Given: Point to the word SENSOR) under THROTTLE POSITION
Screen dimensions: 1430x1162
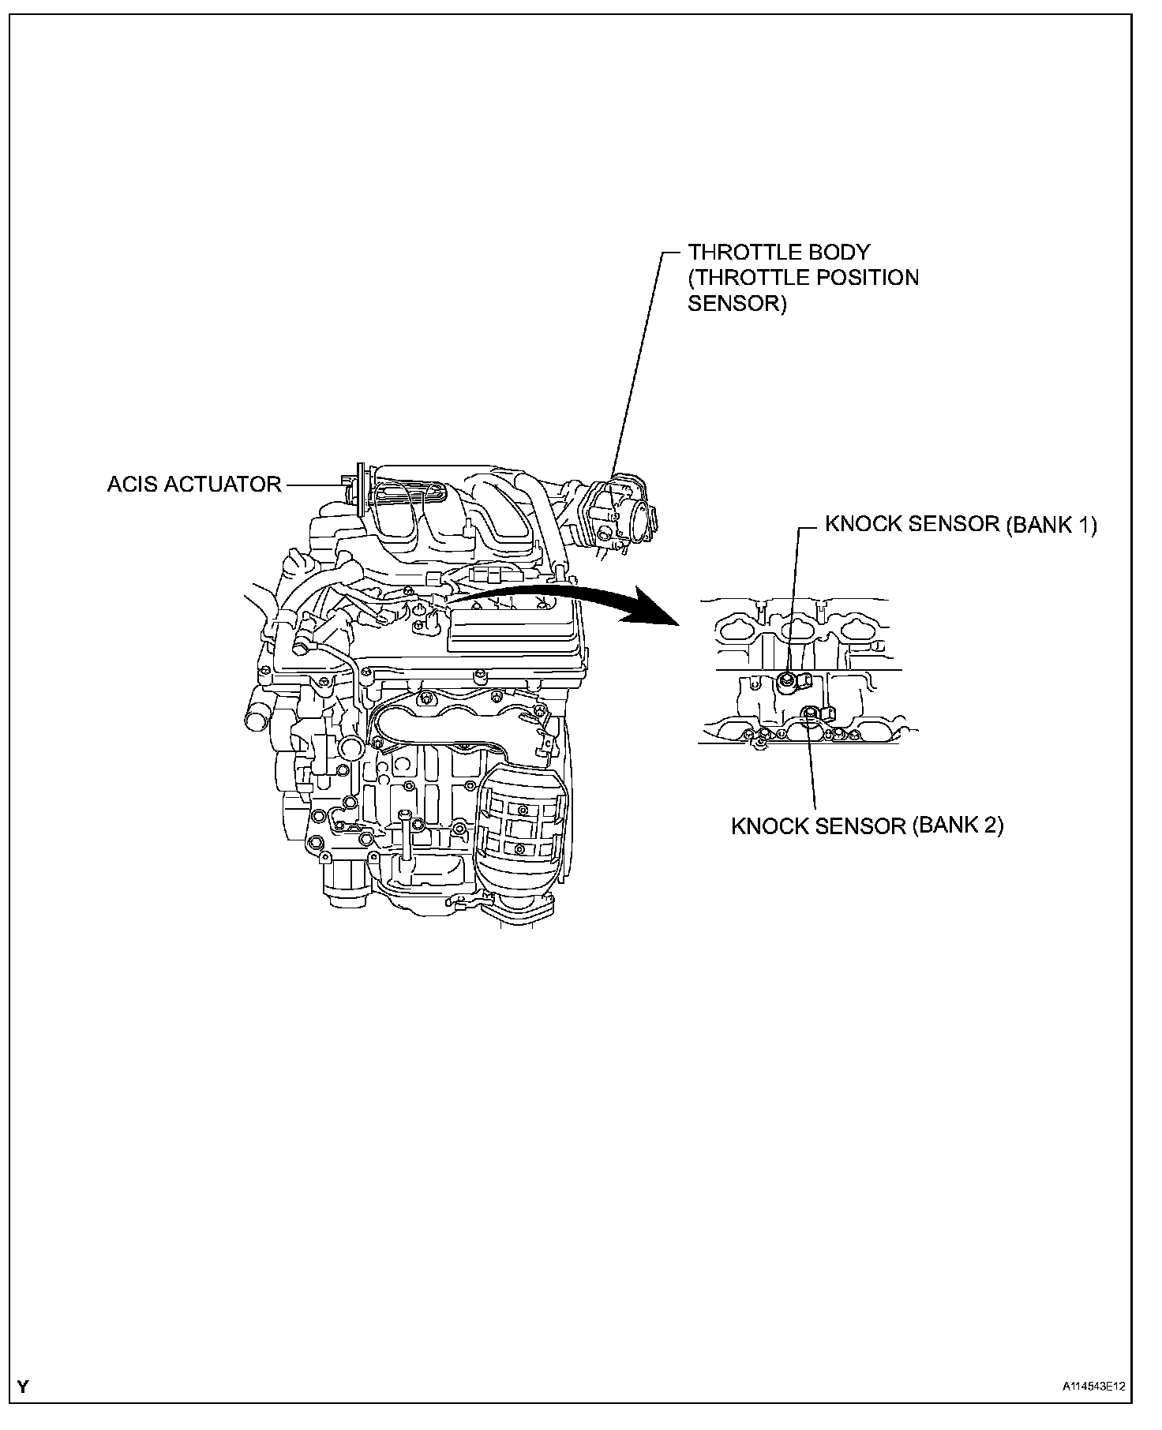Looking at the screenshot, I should click(737, 304).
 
